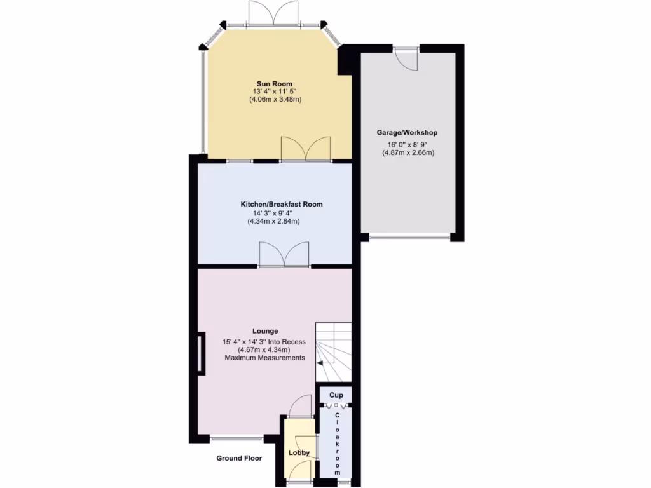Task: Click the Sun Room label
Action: click(x=275, y=83)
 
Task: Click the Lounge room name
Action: click(x=264, y=331)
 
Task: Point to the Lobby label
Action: click(x=299, y=453)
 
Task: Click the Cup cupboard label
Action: click(x=336, y=395)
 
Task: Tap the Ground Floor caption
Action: click(x=239, y=458)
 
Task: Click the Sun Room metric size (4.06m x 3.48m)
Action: click(x=275, y=100)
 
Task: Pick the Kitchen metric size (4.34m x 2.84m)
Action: click(x=273, y=222)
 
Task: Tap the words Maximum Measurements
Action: click(x=264, y=358)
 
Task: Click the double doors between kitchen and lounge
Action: click(x=284, y=254)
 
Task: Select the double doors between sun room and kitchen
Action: click(x=305, y=149)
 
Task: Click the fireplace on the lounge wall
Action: click(x=202, y=353)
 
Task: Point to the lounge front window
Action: click(x=236, y=438)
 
